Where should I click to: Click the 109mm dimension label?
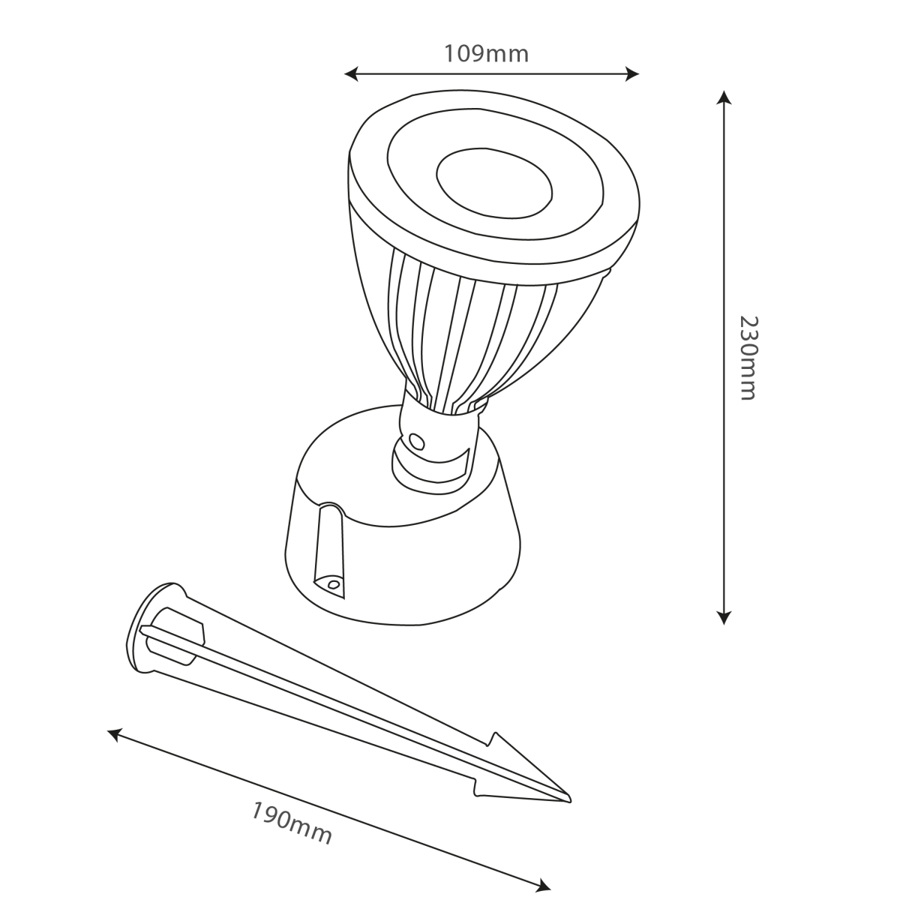[x=486, y=54]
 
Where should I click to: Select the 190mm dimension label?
[x=291, y=823]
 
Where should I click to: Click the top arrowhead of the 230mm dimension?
[x=723, y=97]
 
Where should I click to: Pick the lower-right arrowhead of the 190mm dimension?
[x=545, y=885]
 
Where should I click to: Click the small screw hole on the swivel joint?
[x=414, y=439]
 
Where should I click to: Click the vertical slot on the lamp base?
[x=328, y=547]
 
